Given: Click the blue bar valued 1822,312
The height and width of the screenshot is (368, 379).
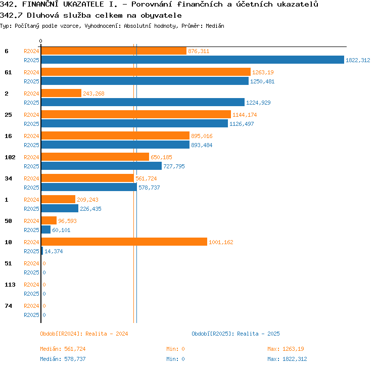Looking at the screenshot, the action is click(x=193, y=60).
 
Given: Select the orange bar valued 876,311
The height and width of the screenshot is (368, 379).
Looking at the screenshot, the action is click(x=114, y=51).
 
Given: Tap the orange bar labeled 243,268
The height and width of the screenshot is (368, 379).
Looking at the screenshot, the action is click(x=61, y=93).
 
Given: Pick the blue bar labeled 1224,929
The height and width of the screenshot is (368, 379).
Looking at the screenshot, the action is click(x=143, y=102).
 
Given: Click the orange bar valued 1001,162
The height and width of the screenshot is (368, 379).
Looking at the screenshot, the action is click(x=124, y=242).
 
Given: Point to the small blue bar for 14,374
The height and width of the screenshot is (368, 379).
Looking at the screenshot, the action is click(x=42, y=251).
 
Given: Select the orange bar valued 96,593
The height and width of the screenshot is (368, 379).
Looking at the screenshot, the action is click(x=49, y=220).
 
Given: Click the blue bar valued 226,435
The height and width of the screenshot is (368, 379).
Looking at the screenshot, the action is click(x=60, y=208).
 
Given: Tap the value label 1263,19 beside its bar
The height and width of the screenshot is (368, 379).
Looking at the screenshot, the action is click(x=263, y=72).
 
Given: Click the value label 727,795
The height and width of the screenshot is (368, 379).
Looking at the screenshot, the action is click(x=174, y=166).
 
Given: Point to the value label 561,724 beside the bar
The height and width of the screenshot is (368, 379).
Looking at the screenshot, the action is click(x=146, y=178).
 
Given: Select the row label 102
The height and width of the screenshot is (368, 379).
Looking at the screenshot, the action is click(x=10, y=157).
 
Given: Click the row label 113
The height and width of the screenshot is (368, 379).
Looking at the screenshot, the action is click(x=10, y=285).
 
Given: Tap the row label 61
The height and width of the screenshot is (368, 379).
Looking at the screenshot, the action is click(x=8, y=72).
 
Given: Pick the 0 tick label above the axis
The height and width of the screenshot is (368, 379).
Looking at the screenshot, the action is click(x=40, y=41).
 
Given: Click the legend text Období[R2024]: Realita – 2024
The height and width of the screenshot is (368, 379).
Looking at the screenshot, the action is click(x=84, y=334).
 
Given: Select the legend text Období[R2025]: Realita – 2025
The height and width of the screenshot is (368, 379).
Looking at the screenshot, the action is click(x=235, y=334).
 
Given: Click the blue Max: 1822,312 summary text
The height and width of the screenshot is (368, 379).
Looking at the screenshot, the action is click(x=287, y=359).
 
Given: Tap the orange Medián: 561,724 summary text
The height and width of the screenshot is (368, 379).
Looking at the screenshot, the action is click(x=63, y=349).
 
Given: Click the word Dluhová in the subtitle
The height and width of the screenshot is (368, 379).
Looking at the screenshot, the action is click(x=42, y=15).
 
